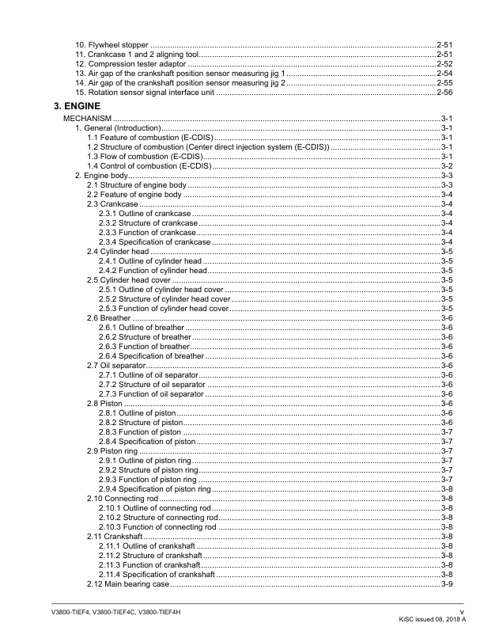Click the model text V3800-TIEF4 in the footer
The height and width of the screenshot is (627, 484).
pos(65,613)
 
